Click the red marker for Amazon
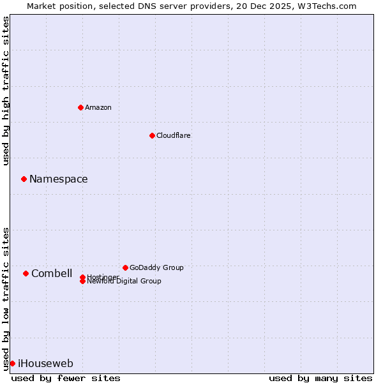tap(80, 107)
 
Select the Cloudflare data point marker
tap(152, 135)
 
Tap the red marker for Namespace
tap(24, 179)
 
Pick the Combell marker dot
tap(26, 273)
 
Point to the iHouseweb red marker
tap(12, 363)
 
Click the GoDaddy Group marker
tap(125, 267)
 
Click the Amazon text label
tap(98, 107)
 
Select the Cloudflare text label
tap(174, 135)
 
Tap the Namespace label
tap(59, 179)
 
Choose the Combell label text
tap(52, 274)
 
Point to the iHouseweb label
tap(45, 364)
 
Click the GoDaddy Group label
tap(156, 267)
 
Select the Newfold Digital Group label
tap(124, 282)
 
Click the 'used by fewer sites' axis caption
tap(66, 379)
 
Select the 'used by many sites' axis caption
tap(320, 379)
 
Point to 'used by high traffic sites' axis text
tap(6, 91)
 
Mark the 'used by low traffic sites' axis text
tap(6, 298)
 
